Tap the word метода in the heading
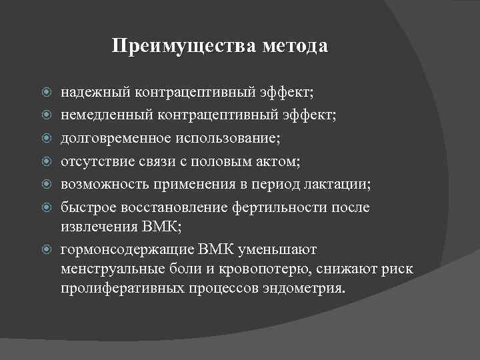point(293,47)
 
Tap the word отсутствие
point(94,161)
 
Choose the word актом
point(267,161)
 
